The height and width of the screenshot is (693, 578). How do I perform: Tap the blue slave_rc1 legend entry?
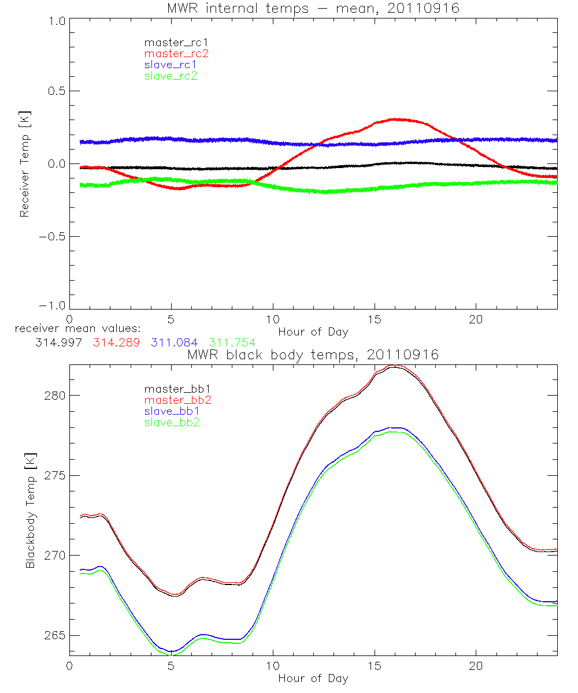click(x=171, y=64)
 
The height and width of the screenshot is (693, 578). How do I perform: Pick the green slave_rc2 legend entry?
click(x=171, y=75)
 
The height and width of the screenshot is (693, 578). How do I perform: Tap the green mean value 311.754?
click(x=232, y=342)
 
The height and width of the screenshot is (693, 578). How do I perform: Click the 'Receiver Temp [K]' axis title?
click(x=24, y=164)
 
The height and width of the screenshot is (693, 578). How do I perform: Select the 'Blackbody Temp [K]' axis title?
click(x=30, y=511)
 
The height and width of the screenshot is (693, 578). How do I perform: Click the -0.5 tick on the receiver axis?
click(x=52, y=237)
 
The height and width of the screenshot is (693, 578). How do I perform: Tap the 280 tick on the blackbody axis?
click(x=55, y=396)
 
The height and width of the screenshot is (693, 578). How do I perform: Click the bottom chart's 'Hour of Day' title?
click(x=313, y=678)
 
